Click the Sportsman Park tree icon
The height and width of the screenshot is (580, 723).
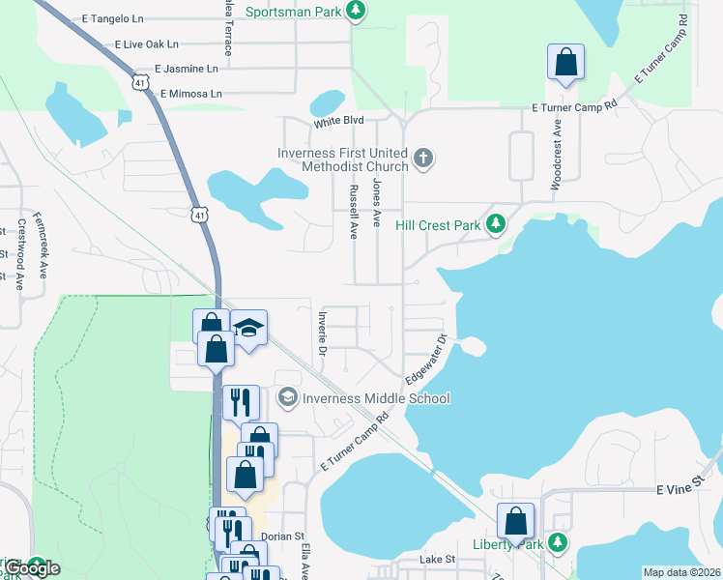357,11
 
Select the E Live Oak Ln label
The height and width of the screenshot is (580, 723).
146,44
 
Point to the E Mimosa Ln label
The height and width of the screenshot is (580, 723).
190,94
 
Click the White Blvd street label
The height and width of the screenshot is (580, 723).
337,122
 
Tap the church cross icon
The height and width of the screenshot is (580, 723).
422,158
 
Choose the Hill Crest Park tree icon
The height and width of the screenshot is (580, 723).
496,224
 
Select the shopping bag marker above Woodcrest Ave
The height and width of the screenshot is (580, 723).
565,62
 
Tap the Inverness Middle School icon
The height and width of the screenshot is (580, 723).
287,397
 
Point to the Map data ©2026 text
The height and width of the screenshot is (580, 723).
680,572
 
